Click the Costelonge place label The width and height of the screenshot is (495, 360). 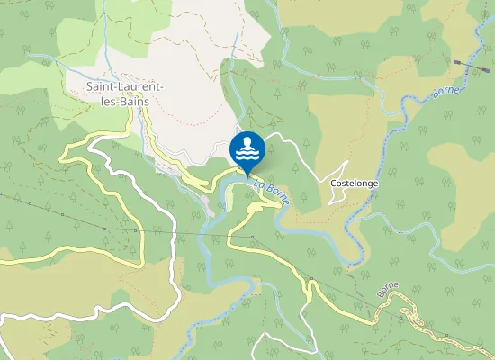[354, 183]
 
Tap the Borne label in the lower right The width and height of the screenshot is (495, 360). [388, 289]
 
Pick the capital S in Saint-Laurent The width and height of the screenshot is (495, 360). [89, 86]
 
